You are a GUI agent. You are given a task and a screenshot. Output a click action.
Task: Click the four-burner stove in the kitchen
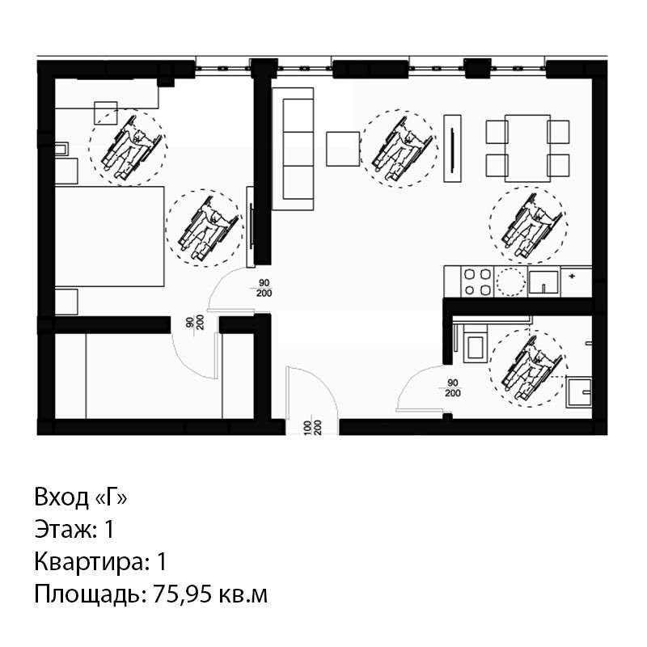click(x=476, y=281)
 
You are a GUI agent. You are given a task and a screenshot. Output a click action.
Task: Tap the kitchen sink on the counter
click(x=543, y=281)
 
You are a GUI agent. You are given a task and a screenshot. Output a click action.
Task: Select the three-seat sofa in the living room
click(x=293, y=149)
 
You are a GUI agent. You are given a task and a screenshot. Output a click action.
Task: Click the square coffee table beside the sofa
click(x=343, y=149)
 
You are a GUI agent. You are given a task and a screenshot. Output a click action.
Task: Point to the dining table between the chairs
click(x=528, y=148)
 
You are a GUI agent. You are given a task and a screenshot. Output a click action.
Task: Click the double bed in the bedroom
click(x=109, y=236)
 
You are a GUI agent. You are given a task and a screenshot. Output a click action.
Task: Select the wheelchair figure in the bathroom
click(x=531, y=368)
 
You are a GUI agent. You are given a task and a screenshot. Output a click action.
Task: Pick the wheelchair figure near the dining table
click(x=532, y=226)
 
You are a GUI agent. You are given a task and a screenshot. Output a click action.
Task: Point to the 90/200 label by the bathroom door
click(x=452, y=388)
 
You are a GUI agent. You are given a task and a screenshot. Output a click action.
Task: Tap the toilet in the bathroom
click(x=475, y=343)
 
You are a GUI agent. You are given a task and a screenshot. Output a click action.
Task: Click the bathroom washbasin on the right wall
click(x=579, y=391)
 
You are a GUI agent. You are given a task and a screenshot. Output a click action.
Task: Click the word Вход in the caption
click(x=61, y=497)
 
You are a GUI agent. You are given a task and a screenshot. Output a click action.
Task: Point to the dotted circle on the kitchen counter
click(x=510, y=281)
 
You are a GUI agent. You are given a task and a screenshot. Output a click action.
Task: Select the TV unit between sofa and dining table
click(x=452, y=148)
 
